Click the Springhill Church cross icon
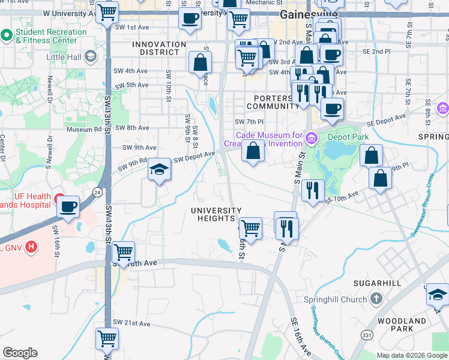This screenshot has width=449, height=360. pyautogui.click(x=376, y=299)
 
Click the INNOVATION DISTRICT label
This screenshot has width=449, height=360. pyautogui.click(x=159, y=48)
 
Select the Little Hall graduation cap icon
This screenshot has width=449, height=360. pyautogui.click(x=91, y=57)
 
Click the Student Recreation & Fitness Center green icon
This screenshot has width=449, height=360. pyautogui.click(x=7, y=35)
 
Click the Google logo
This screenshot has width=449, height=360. pyautogui.click(x=20, y=353)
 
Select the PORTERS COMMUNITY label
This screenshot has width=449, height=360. pyautogui.click(x=277, y=102)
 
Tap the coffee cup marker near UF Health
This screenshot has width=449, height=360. pyautogui.click(x=68, y=207)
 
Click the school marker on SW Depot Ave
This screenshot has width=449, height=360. pyautogui.click(x=160, y=170)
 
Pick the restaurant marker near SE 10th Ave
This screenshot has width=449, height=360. pyautogui.click(x=313, y=191)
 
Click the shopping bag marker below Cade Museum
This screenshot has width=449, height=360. pyautogui.click(x=253, y=151)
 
